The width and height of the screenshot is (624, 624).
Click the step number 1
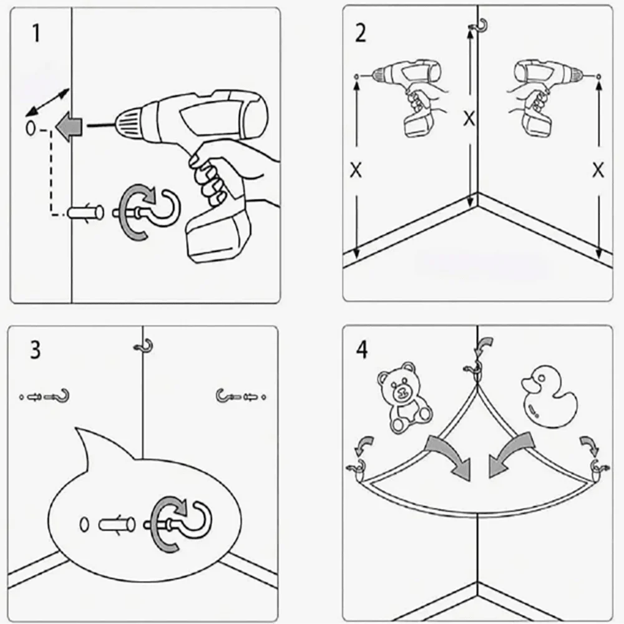36,33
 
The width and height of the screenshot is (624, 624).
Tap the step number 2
360,33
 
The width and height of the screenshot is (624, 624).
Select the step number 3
36,350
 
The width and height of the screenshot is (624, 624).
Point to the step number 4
362,350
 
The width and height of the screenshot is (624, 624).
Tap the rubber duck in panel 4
549,397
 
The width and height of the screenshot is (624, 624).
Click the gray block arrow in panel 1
69,126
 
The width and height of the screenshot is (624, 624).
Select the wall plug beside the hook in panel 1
85,212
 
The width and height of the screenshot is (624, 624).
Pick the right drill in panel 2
545,95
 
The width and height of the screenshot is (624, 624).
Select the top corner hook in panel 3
145,346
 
